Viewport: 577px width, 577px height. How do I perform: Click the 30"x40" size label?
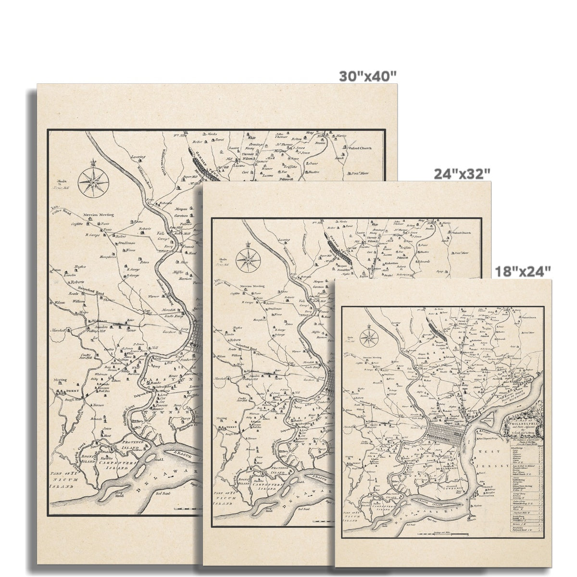click(368, 75)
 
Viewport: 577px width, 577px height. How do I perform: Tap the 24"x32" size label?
click(462, 173)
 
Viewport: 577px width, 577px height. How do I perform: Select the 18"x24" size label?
click(523, 272)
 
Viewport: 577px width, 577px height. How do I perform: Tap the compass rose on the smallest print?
click(369, 337)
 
